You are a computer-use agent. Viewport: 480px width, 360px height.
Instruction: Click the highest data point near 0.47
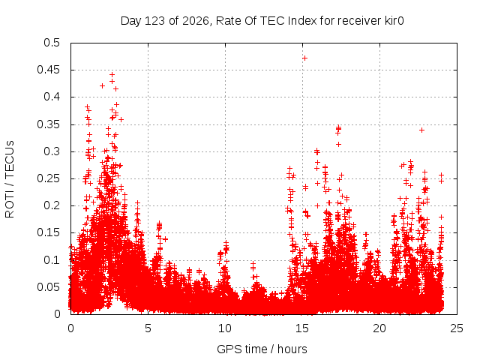pos(304,58)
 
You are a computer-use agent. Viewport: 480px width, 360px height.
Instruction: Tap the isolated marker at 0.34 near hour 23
pos(421,130)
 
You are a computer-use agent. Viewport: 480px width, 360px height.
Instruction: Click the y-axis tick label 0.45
pos(48,70)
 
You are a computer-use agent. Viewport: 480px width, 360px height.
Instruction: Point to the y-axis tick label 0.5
pos(52,43)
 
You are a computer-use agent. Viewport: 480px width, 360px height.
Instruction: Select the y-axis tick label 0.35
pos(48,124)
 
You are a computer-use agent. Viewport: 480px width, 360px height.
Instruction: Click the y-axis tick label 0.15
pos(48,232)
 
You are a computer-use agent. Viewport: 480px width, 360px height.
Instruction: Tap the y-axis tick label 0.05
pos(48,287)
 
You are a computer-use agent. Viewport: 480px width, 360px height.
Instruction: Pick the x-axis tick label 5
pos(148,328)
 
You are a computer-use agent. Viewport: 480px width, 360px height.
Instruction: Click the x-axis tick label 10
pos(225,328)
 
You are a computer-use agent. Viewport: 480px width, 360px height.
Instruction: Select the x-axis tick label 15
pos(302,328)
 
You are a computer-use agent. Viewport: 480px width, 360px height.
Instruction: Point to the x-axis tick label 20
pos(379,328)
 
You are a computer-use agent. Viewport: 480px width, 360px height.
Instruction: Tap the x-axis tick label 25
pos(457,328)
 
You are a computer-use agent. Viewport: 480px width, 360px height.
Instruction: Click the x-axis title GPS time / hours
pos(262,349)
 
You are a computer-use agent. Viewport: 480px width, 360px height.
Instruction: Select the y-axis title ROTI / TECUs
pos(10,179)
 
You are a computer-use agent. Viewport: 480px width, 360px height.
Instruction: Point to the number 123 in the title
pos(155,21)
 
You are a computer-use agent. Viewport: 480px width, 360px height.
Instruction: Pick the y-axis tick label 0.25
pos(48,178)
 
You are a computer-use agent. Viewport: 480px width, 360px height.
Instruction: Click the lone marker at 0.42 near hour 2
pos(102,86)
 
